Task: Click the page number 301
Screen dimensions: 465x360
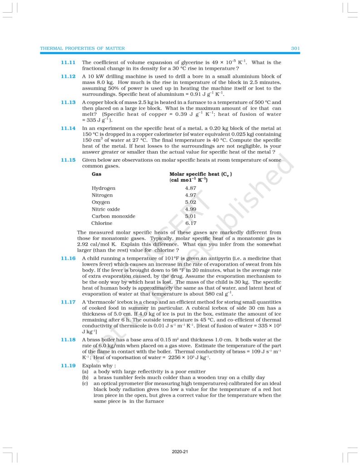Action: click(295, 48)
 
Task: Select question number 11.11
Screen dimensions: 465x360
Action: click(68, 62)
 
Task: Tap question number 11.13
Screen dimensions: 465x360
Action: click(68, 102)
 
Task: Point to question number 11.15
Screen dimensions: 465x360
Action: click(68, 160)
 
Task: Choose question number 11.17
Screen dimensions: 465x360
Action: click(68, 302)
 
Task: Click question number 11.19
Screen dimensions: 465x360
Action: click(68, 365)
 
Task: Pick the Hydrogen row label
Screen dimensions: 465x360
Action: click(104, 188)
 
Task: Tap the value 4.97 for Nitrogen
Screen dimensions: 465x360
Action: click(191, 195)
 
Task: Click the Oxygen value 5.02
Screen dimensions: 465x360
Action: click(191, 202)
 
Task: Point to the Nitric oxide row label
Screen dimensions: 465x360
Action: click(106, 209)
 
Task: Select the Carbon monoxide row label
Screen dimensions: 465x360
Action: click(113, 216)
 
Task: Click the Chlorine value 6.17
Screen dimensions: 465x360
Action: click(191, 223)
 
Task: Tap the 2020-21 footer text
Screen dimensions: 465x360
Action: click(180, 452)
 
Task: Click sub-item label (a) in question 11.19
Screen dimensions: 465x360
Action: click(85, 371)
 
